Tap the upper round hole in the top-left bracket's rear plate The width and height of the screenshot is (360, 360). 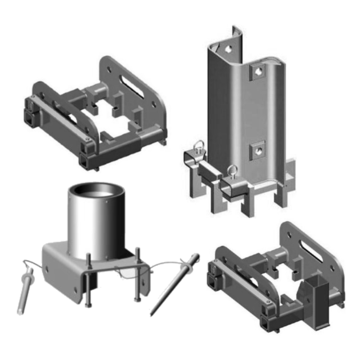point(109,68)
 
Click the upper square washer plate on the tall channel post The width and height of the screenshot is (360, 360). point(258,72)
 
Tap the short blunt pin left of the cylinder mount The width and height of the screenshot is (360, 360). point(24,291)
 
